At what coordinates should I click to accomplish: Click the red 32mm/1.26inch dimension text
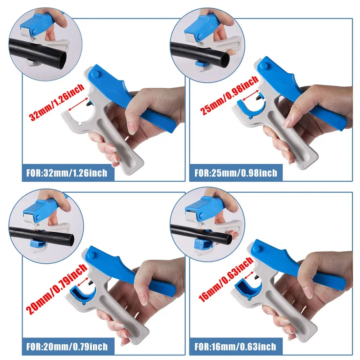57,102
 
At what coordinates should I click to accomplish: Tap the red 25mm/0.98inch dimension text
229,95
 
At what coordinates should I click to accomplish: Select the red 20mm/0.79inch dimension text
56,289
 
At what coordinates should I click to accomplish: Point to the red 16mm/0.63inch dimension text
226,279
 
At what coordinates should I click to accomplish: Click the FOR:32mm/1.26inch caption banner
68,173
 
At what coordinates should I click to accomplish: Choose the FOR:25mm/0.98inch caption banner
236,173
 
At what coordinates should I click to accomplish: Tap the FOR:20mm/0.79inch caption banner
68,346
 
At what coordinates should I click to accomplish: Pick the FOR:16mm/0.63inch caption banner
236,346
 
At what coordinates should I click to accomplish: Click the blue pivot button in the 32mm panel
94,74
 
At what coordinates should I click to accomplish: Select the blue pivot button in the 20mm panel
91,255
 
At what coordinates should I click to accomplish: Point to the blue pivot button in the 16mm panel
257,248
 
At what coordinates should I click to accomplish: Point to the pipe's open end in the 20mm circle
72,240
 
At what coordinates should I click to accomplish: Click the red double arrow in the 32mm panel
78,104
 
